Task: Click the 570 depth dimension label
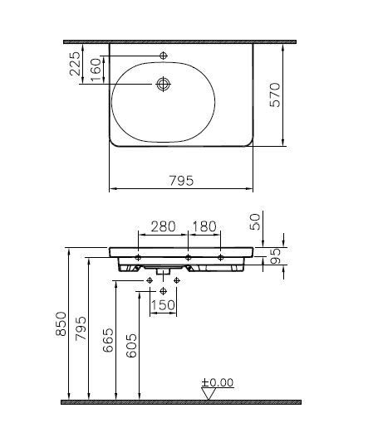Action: (x=275, y=95)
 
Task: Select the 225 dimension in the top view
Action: (x=75, y=64)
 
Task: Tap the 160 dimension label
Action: (x=96, y=70)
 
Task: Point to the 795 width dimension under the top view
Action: (x=181, y=181)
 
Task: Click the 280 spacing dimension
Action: (x=163, y=226)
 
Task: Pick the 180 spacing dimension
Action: (x=204, y=226)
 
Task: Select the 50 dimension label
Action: (x=255, y=221)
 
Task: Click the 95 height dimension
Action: (x=275, y=256)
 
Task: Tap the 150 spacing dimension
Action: (x=163, y=305)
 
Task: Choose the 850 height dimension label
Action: (x=61, y=323)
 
